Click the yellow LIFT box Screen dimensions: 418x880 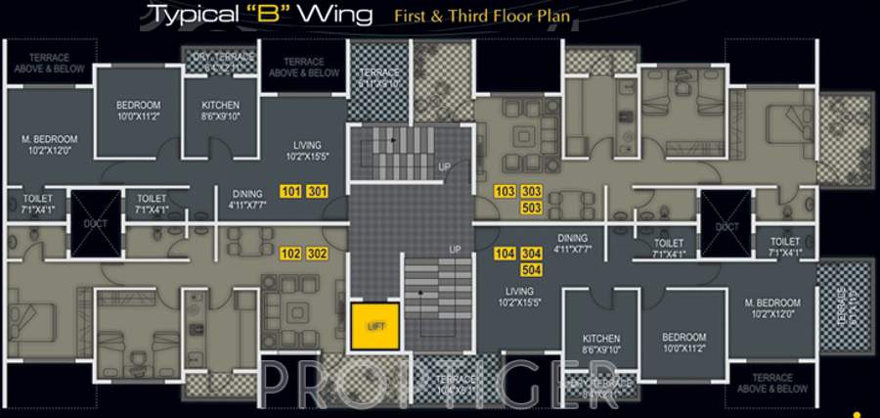374,327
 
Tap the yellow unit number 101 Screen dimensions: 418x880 290,191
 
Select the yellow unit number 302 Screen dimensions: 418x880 317,253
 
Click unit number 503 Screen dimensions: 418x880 531,208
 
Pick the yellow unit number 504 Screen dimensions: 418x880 531,269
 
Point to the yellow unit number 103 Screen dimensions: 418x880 506,191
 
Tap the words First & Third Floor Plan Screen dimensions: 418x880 482,16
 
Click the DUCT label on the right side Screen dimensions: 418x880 726,226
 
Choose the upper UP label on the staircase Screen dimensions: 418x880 445,167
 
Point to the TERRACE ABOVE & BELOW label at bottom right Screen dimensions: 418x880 780,383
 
